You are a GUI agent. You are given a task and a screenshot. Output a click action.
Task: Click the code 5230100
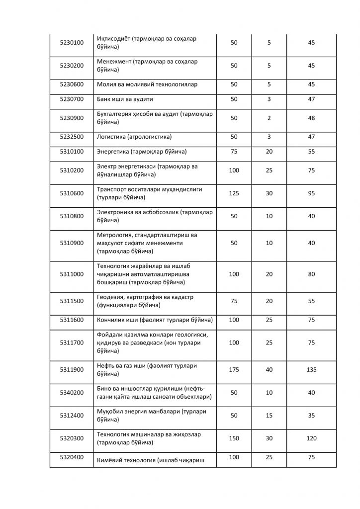(x=72, y=43)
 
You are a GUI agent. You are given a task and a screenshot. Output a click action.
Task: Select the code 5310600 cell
(x=72, y=193)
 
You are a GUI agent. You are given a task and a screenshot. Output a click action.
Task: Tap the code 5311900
(x=72, y=370)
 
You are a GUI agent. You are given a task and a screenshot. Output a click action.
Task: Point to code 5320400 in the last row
(x=72, y=457)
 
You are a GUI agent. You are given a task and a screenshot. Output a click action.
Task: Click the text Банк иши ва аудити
(x=125, y=99)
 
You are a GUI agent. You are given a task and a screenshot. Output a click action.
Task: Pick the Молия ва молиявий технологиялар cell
(x=147, y=85)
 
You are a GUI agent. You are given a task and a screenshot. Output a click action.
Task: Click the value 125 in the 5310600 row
(x=234, y=193)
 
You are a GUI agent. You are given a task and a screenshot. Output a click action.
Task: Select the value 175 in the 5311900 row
(x=234, y=370)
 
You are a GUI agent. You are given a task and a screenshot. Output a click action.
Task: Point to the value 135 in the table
(x=312, y=370)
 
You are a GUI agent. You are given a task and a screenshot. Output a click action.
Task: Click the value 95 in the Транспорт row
(x=312, y=193)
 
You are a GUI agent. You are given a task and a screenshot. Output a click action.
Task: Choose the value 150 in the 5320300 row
(x=234, y=438)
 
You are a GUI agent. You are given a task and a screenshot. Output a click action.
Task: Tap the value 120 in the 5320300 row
(x=312, y=438)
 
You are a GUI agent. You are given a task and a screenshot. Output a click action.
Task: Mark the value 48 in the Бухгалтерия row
(x=312, y=118)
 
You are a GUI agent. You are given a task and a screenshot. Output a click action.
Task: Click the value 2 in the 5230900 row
(x=269, y=118)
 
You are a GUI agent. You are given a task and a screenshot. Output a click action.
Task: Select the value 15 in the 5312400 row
(x=269, y=416)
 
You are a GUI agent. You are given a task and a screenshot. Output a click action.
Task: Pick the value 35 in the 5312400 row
(x=312, y=416)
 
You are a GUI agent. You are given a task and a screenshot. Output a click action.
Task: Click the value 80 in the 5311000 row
(x=312, y=274)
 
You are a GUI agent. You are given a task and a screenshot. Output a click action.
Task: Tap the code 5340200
(x=72, y=393)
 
